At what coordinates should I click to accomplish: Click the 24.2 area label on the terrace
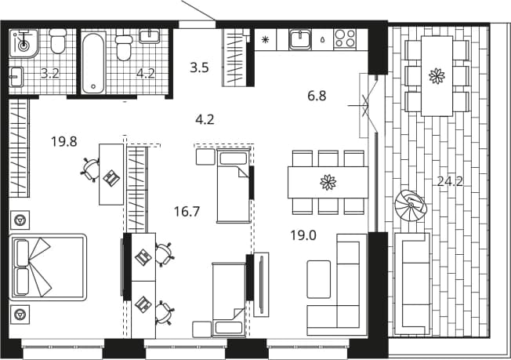pyautogui.click(x=450, y=181)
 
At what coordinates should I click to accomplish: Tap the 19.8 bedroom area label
pyautogui.click(x=64, y=141)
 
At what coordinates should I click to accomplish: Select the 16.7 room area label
pyautogui.click(x=187, y=212)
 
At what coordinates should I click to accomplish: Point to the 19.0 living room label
pyautogui.click(x=303, y=235)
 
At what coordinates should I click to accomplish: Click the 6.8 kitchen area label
pyautogui.click(x=317, y=96)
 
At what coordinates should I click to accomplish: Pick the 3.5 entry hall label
pyautogui.click(x=199, y=67)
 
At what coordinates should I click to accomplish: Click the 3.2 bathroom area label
pyautogui.click(x=50, y=74)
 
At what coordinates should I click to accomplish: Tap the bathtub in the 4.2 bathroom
pyautogui.click(x=93, y=62)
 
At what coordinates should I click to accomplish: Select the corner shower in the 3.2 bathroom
pyautogui.click(x=24, y=43)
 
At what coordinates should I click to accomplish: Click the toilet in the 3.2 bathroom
pyautogui.click(x=58, y=41)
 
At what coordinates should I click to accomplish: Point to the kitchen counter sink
pyautogui.click(x=300, y=39)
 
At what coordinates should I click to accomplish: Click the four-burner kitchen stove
pyautogui.click(x=345, y=38)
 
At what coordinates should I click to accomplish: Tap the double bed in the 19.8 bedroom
pyautogui.click(x=48, y=267)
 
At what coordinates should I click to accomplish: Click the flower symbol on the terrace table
pyautogui.click(x=437, y=76)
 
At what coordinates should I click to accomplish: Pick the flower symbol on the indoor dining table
pyautogui.click(x=328, y=182)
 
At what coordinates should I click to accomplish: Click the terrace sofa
pyautogui.click(x=411, y=284)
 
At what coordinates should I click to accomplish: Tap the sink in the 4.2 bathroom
pyautogui.click(x=150, y=36)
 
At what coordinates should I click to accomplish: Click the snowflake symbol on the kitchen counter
pyautogui.click(x=265, y=40)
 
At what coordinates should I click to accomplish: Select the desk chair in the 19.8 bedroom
pyautogui.click(x=90, y=169)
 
